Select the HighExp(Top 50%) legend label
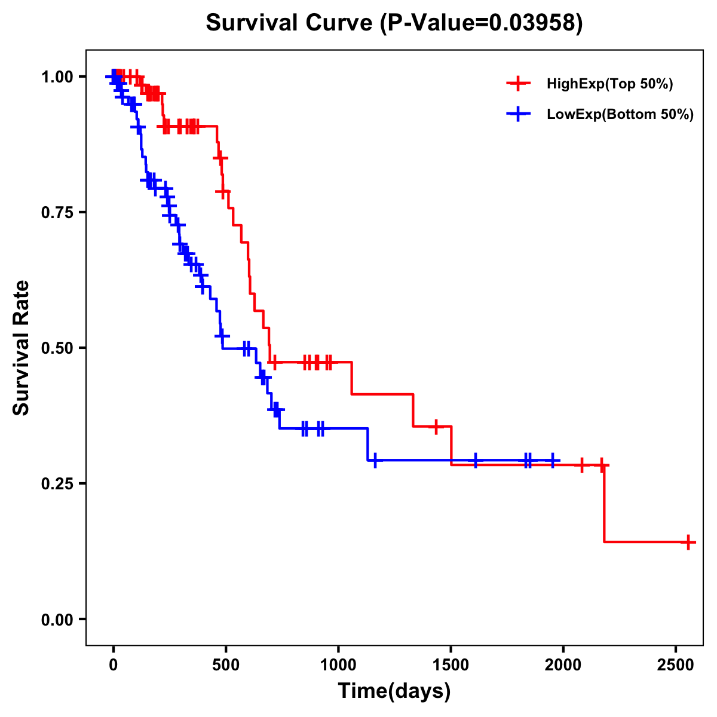609,84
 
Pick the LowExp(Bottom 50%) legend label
620,115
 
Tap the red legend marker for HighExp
518,84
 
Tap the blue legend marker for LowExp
518,114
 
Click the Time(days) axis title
394,691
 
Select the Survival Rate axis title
22,347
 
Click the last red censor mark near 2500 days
688,542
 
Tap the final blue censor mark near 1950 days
553,461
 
